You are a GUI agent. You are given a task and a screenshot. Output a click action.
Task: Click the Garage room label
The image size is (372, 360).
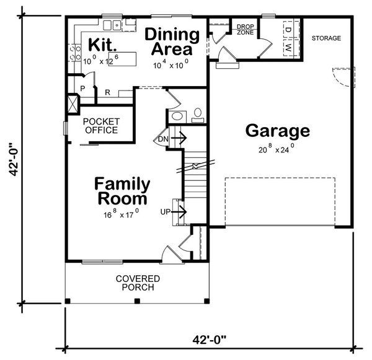tap(277, 131)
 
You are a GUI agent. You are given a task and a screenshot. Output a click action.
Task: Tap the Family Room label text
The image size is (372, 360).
tap(122, 191)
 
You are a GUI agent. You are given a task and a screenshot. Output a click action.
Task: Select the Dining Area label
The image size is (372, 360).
tap(172, 42)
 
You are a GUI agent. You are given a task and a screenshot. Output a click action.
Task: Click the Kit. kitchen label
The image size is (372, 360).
tap(99, 45)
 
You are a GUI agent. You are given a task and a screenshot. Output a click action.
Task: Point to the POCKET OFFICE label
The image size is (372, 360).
tap(100, 126)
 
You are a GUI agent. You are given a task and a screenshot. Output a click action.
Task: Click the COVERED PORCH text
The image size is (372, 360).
tap(137, 283)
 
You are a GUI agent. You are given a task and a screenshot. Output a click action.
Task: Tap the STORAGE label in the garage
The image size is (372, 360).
tap(326, 38)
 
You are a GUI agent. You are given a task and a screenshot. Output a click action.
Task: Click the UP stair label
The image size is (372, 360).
tap(166, 213)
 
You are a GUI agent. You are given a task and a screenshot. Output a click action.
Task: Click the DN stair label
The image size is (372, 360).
tap(162, 139)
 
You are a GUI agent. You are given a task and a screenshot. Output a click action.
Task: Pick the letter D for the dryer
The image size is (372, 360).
tap(289, 29)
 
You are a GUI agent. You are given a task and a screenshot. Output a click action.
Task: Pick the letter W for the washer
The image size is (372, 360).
tap(289, 47)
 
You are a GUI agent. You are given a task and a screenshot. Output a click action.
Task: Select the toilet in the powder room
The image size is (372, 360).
tap(197, 114)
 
